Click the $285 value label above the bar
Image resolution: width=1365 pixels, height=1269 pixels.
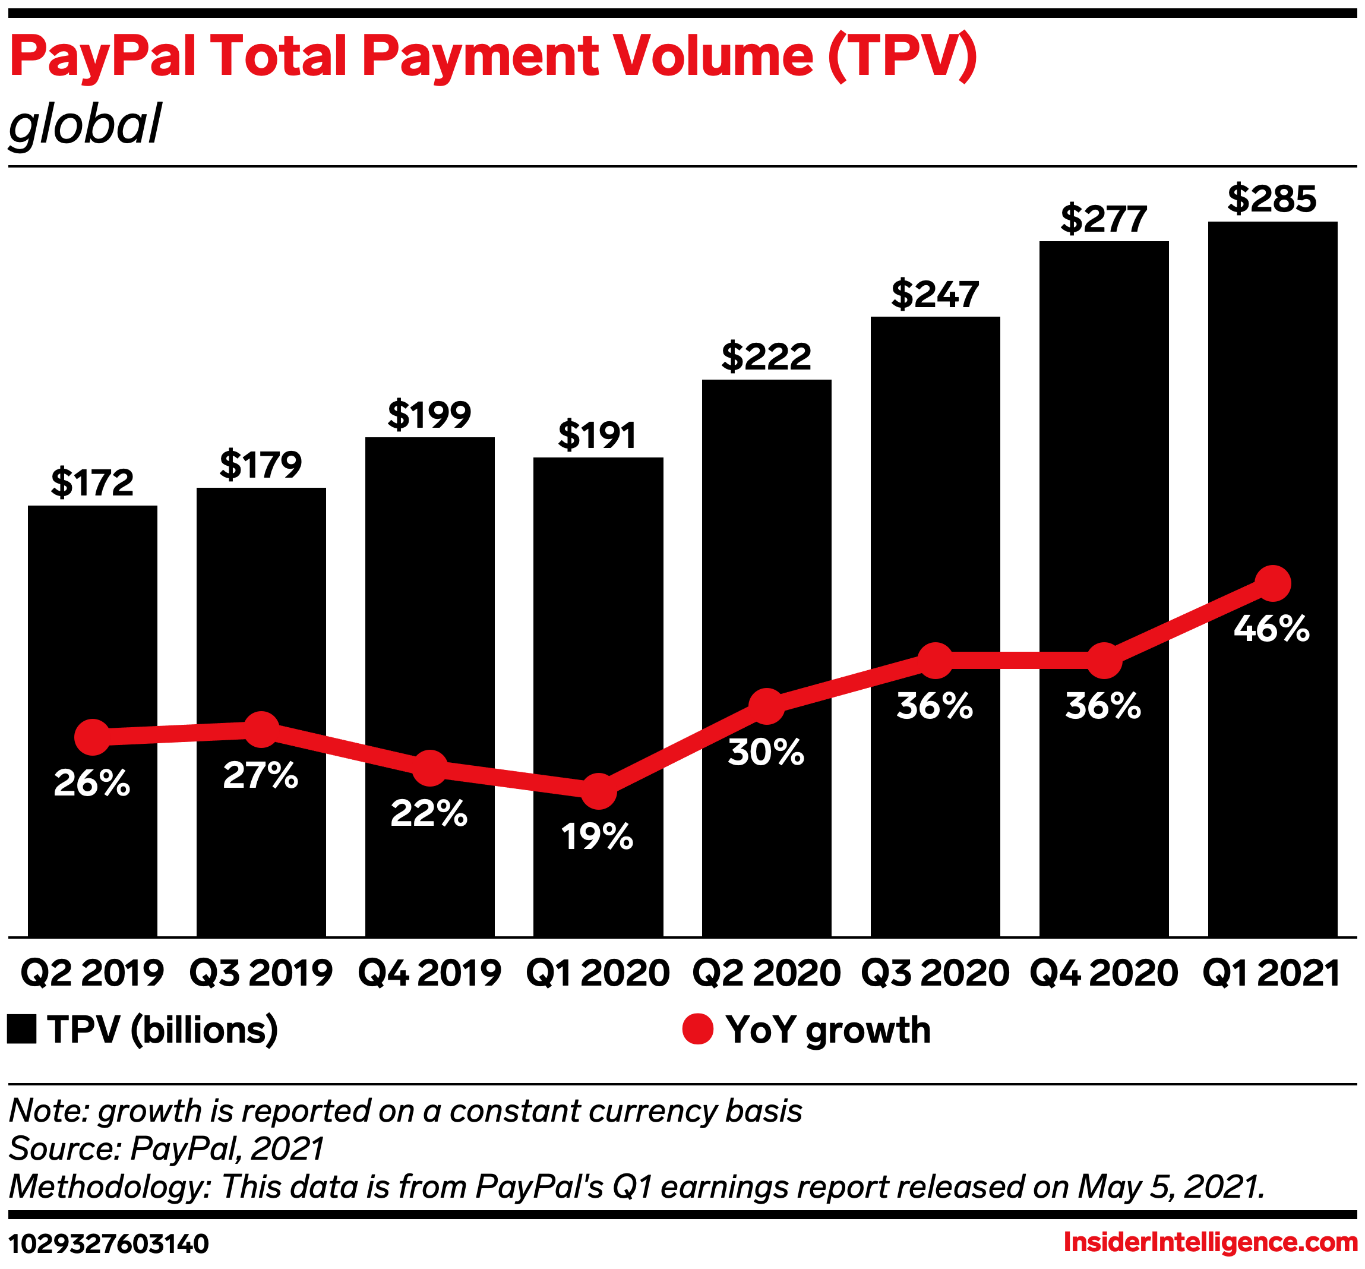(1272, 199)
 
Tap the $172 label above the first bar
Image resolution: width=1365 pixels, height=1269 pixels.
(92, 483)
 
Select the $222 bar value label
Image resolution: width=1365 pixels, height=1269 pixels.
(766, 356)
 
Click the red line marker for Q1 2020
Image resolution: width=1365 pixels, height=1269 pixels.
(599, 792)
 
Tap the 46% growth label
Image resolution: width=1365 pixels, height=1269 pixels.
(1272, 629)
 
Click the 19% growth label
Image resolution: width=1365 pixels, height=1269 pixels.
(598, 837)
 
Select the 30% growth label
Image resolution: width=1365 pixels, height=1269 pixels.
(766, 753)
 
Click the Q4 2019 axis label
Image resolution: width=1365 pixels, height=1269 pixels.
(430, 973)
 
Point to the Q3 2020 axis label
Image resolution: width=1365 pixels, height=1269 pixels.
(935, 973)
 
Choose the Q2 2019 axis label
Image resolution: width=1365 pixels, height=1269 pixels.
(92, 973)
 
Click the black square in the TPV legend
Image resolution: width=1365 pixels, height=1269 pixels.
(21, 1030)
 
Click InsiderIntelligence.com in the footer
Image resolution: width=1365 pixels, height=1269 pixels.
(1211, 1242)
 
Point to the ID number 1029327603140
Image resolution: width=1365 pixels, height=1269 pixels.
(109, 1243)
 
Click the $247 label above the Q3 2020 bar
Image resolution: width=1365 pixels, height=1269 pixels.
(935, 295)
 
